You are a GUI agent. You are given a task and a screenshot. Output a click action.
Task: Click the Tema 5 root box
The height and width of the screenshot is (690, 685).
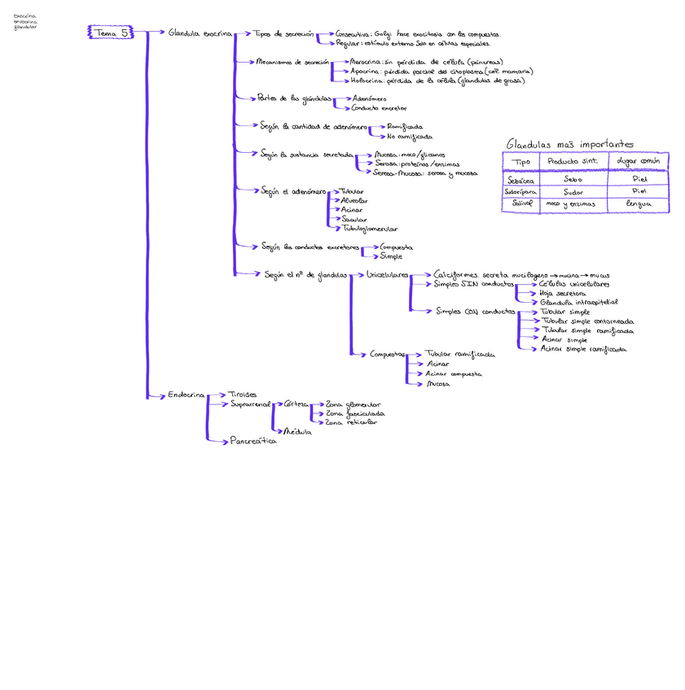pyautogui.click(x=108, y=33)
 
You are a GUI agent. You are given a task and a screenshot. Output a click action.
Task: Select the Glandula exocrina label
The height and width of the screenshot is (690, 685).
pyautogui.click(x=200, y=33)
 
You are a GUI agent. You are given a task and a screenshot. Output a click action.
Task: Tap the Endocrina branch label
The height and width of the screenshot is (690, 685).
pyautogui.click(x=186, y=395)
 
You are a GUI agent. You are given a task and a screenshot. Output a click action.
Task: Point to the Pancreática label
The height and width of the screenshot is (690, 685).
pyautogui.click(x=253, y=441)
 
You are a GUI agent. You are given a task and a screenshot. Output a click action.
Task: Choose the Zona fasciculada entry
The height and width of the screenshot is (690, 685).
pyautogui.click(x=354, y=413)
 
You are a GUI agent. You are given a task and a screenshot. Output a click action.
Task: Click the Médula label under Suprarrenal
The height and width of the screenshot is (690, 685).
pyautogui.click(x=296, y=431)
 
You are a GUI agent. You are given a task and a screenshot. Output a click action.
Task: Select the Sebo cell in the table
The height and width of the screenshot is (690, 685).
pyautogui.click(x=573, y=178)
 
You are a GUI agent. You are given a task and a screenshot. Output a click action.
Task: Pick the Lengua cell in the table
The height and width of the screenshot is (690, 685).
pyautogui.click(x=639, y=203)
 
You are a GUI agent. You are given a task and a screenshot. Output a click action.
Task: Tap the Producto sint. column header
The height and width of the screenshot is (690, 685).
pyautogui.click(x=573, y=161)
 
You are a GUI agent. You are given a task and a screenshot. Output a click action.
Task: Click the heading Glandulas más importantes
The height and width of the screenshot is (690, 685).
pyautogui.click(x=569, y=144)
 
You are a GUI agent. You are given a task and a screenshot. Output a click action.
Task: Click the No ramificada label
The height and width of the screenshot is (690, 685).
pyautogui.click(x=410, y=136)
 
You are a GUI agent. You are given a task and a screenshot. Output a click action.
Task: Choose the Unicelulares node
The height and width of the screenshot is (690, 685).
pyautogui.click(x=388, y=275)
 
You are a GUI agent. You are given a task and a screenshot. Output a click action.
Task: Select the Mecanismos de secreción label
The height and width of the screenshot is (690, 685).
pyautogui.click(x=292, y=61)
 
